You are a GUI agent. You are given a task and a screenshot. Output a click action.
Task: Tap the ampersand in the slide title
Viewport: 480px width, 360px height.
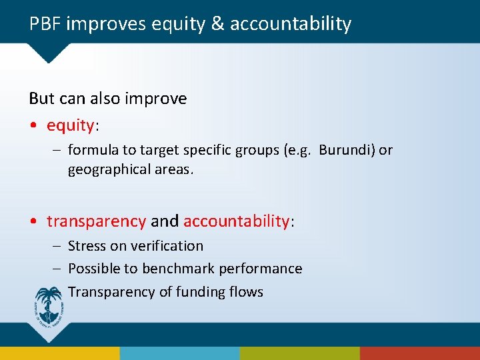[x=219, y=25]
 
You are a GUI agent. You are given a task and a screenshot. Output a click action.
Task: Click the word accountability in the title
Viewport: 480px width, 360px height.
[x=290, y=25]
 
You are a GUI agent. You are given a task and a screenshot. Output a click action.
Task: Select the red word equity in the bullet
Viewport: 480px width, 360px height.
[x=69, y=125]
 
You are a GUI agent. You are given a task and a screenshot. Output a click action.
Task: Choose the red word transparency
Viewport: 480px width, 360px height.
[x=96, y=221]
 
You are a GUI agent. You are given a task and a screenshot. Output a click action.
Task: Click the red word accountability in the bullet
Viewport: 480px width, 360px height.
[x=236, y=221]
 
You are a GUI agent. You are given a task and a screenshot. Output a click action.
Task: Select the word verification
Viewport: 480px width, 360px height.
[x=167, y=246]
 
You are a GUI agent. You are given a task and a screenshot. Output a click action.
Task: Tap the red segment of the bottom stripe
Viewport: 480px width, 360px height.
[x=420, y=353]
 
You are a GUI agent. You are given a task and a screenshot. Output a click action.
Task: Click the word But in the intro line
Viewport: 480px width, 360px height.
[x=41, y=99]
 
